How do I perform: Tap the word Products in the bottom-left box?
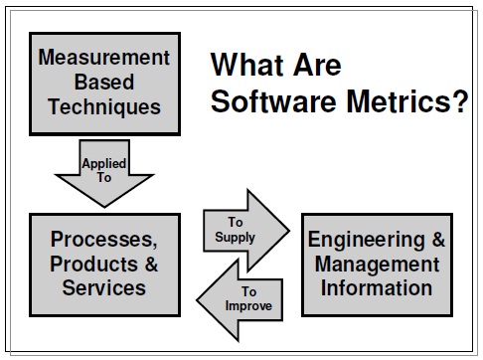point(82,265)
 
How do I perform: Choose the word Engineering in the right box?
point(362,241)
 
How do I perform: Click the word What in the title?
point(249,67)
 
